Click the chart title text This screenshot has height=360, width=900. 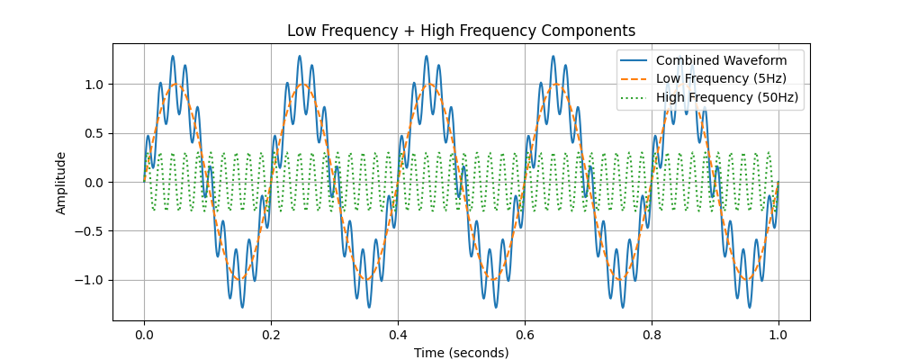[461, 31]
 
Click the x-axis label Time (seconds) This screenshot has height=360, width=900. [461, 353]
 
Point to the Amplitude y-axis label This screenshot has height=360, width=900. [61, 183]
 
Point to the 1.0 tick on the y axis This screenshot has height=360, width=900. [94, 85]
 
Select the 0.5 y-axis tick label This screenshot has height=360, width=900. [94, 133]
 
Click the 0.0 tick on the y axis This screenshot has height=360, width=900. [94, 183]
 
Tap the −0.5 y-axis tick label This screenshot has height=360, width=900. [90, 231]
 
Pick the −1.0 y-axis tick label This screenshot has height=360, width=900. [90, 280]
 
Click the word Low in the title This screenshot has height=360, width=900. [302, 31]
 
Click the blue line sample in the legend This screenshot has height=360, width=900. [634, 61]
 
